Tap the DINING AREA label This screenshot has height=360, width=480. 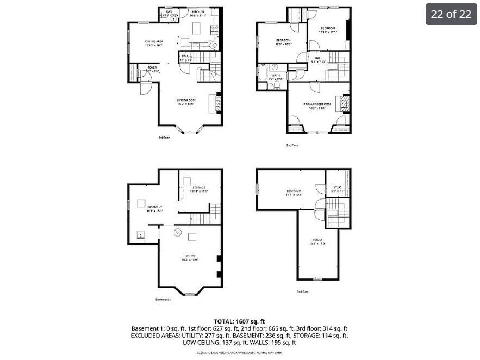154,42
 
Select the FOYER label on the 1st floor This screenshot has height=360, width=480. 152,67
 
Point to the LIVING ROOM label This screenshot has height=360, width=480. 186,100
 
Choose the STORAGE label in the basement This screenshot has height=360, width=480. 199,188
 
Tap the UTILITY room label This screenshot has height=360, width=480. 189,256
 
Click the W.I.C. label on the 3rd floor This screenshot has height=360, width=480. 335,188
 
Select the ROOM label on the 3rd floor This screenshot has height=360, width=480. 317,240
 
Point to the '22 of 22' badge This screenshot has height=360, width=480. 451,14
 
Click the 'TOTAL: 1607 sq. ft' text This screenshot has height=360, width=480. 240,321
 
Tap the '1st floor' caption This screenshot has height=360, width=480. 164,138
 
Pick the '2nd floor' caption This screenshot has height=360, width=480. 292,145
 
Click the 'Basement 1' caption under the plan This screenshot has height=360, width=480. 163,300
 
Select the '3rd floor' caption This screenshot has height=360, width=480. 303,291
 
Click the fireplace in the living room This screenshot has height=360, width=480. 219,103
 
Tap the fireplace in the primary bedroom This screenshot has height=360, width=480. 343,102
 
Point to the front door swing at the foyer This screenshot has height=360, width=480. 145,87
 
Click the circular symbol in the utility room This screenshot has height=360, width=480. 177,233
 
